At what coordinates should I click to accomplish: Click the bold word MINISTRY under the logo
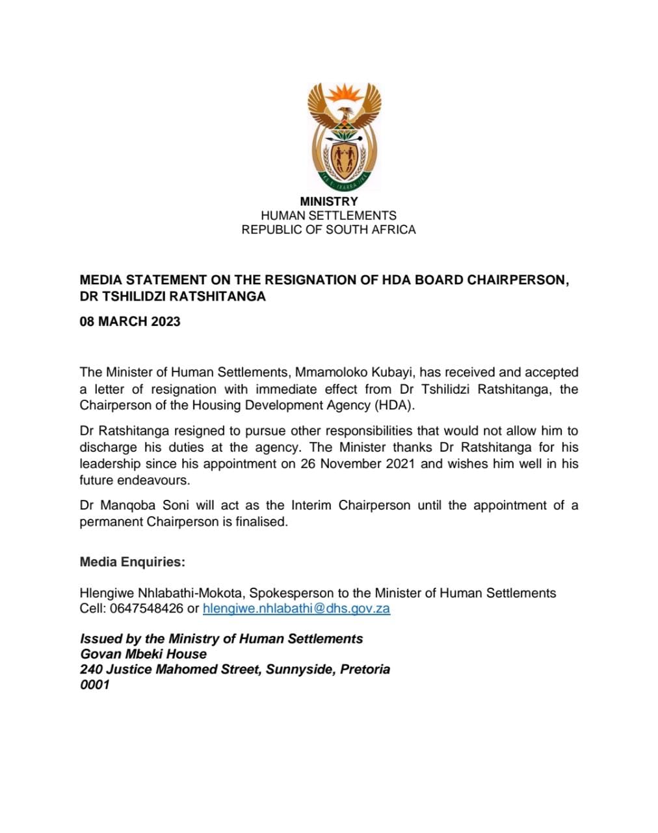point(328,202)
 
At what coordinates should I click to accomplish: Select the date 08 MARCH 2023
point(130,321)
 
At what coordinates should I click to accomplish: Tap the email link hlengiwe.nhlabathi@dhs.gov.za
point(296,608)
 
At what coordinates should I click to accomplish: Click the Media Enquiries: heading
point(133,562)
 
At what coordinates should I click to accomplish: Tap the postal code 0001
point(95,685)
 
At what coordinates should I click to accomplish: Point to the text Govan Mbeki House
point(144,654)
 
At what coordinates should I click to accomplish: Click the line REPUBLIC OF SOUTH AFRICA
point(328,230)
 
